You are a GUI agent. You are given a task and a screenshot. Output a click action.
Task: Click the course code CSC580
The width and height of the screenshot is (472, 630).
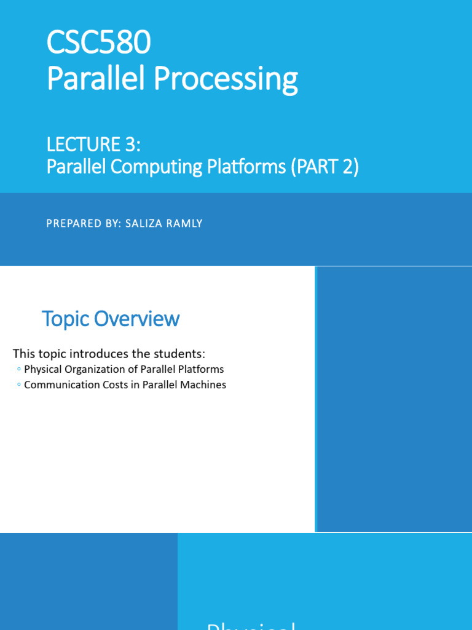pos(98,45)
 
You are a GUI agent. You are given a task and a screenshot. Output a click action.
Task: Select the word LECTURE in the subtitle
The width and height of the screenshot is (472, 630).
pos(82,145)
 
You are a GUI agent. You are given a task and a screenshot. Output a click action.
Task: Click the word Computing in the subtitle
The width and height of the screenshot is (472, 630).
pos(150,167)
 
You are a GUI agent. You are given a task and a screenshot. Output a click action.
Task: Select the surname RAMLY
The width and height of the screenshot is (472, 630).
pos(183,223)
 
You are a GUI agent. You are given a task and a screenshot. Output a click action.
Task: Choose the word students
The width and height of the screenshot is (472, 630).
pos(180,354)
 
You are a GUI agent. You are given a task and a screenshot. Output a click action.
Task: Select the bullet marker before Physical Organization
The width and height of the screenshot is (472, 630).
pos(19,369)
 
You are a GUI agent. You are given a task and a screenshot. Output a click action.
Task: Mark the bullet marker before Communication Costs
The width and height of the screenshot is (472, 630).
pos(19,385)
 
